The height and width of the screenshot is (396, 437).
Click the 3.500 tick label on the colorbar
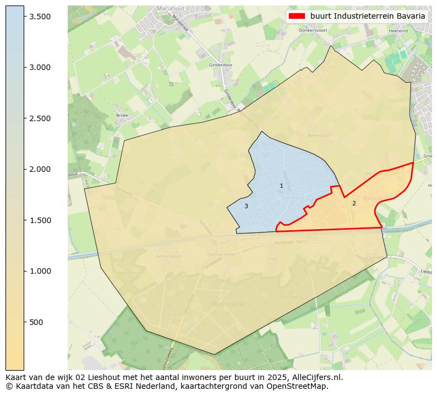[40, 17]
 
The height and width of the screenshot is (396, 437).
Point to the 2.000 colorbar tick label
[40, 169]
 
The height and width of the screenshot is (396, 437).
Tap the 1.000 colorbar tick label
[40, 271]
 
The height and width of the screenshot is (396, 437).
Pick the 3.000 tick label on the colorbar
[40, 67]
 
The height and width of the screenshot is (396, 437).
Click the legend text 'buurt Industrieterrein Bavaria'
[367, 17]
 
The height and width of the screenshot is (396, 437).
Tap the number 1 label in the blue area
[281, 186]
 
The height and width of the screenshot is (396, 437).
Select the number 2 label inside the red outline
[354, 204]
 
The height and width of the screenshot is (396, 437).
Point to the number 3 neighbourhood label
[246, 207]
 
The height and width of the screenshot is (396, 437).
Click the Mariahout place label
[170, 9]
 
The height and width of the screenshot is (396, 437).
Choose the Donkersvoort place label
[313, 30]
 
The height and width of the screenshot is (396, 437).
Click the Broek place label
[122, 115]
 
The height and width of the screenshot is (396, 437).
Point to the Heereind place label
[398, 31]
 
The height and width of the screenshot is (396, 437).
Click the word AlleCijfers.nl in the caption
[316, 378]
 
